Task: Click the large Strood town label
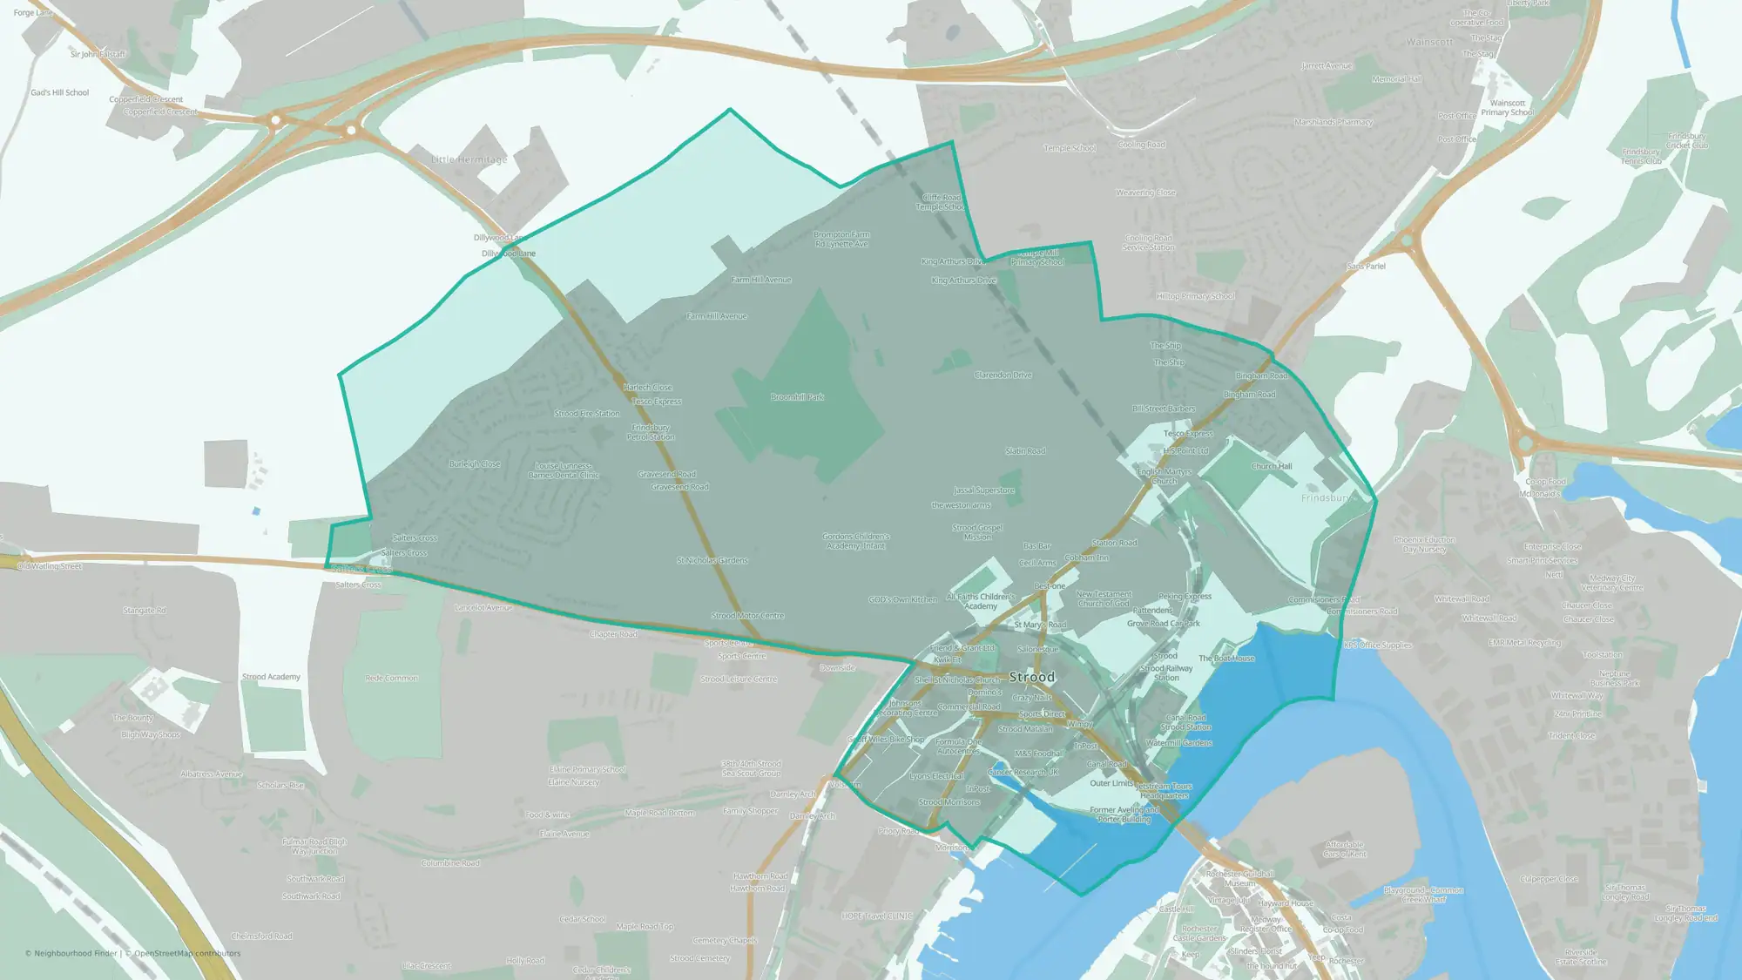(1031, 677)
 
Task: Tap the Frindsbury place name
(1326, 498)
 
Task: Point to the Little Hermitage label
(469, 160)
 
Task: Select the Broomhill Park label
(797, 397)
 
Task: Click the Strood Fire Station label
(587, 414)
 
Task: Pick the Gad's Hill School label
(59, 92)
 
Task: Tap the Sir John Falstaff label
(98, 54)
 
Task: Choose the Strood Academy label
(271, 677)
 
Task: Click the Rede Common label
(392, 678)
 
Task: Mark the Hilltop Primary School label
(1195, 296)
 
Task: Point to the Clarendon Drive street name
(1003, 375)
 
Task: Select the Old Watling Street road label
(50, 566)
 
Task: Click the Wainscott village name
(1429, 42)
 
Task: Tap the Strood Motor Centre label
(747, 616)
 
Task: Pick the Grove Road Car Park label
(1163, 624)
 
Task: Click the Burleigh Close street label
(475, 464)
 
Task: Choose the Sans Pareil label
(1365, 267)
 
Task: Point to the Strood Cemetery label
(699, 958)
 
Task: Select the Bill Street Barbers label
(1164, 409)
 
